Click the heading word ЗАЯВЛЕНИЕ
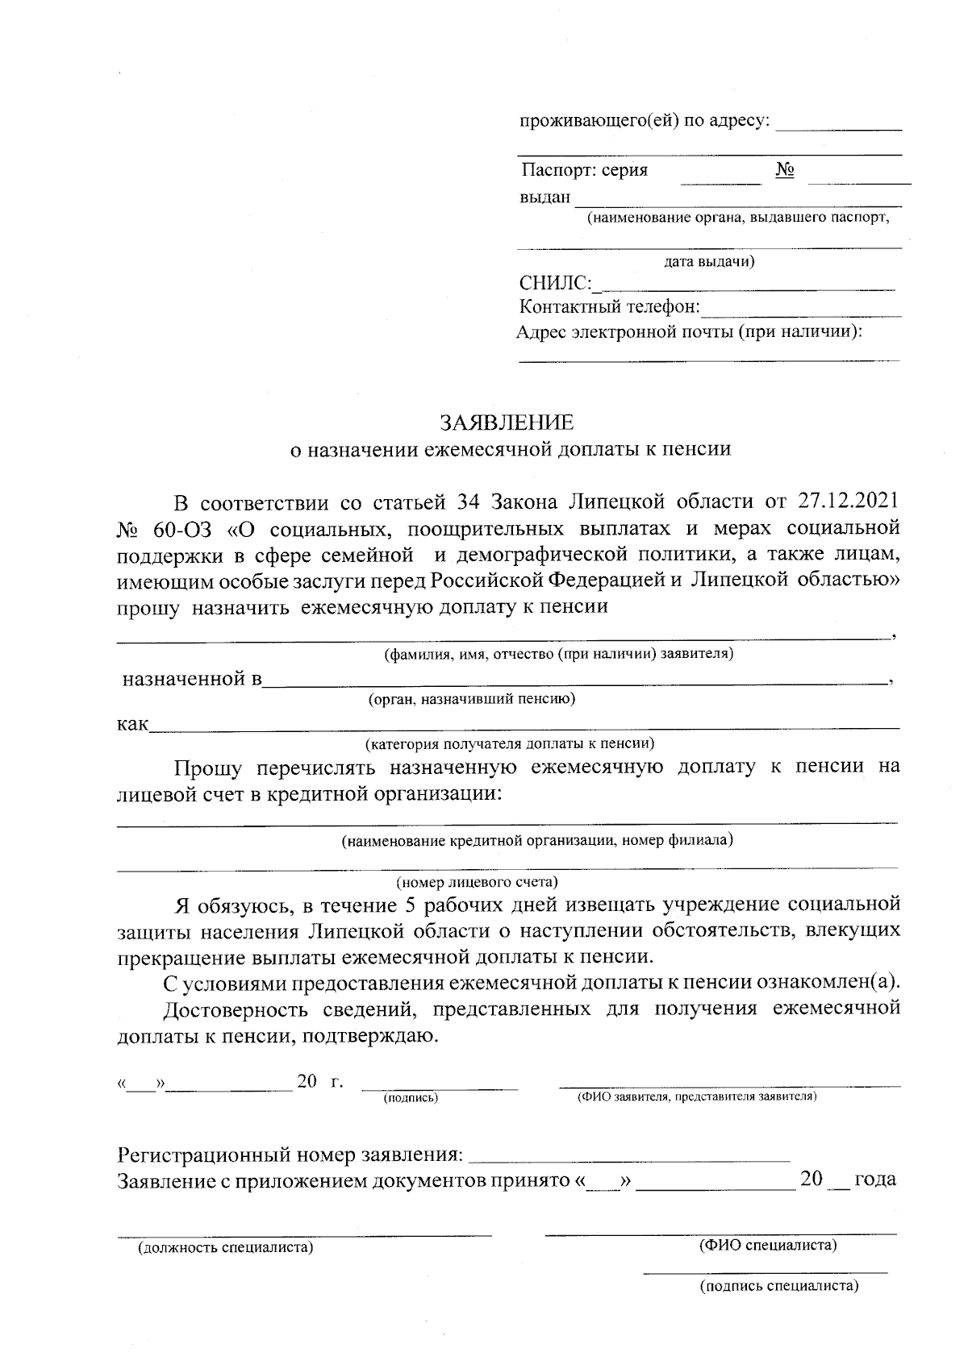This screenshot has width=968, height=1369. click(507, 422)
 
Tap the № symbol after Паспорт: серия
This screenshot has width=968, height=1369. click(785, 171)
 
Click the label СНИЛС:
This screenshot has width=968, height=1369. click(556, 284)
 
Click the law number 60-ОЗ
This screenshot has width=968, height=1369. click(178, 530)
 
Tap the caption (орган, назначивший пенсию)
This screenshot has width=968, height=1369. click(472, 699)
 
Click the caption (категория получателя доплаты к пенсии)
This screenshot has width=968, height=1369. click(509, 742)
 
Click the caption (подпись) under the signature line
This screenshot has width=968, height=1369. click(411, 1097)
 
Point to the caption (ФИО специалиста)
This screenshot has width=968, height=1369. click(767, 1246)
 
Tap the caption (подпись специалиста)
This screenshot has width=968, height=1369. click(778, 1286)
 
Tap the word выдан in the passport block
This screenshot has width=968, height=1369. click(544, 198)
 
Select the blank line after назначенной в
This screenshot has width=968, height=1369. click(574, 682)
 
